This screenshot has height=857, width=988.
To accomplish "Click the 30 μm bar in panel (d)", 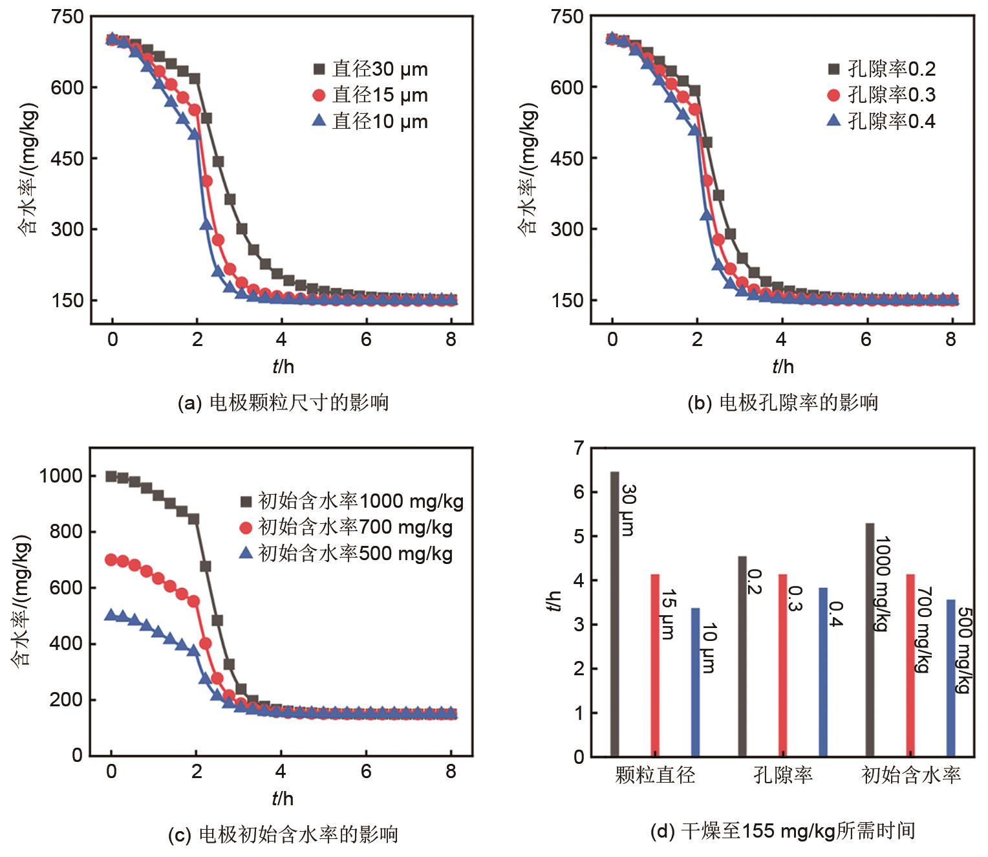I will (x=614, y=614).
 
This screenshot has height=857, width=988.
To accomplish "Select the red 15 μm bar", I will (x=655, y=665).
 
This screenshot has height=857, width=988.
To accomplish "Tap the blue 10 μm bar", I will (x=695, y=682).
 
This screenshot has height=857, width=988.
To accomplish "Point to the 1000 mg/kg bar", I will (x=870, y=640).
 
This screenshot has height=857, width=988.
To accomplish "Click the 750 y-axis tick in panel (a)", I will (x=67, y=17).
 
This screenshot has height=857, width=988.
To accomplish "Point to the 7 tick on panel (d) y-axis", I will (x=578, y=448).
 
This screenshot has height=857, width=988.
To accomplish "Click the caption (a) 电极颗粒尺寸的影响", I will (x=283, y=403).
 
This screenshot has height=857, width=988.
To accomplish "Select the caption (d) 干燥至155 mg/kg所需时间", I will (x=782, y=830).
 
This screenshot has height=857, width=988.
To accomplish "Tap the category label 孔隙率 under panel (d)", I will (x=782, y=775).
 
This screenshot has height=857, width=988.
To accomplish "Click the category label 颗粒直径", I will (x=655, y=775).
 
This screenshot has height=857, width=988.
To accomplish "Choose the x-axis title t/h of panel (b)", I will (x=782, y=367).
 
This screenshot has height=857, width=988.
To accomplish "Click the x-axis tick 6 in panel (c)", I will (x=366, y=771).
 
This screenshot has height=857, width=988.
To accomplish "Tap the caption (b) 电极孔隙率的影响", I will (x=782, y=403).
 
